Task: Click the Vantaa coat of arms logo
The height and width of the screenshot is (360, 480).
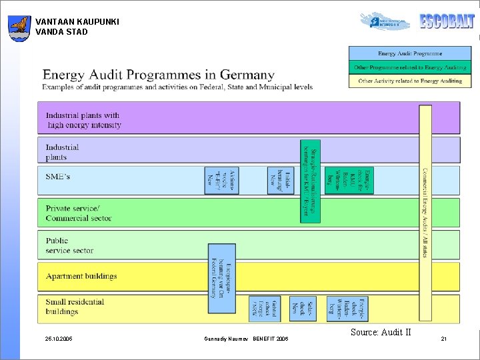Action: click(x=19, y=28)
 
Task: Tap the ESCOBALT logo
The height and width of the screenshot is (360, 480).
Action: click(x=447, y=21)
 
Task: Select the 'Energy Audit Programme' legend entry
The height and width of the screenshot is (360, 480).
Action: click(x=409, y=53)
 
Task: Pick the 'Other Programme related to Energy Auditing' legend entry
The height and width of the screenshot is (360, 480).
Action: click(x=409, y=67)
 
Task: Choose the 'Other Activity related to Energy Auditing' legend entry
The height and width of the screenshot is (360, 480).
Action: click(x=409, y=81)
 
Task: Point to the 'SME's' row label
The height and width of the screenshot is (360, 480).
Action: click(x=58, y=177)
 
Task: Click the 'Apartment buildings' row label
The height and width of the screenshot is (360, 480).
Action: click(x=81, y=276)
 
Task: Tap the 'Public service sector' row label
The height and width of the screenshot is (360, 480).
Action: click(x=69, y=245)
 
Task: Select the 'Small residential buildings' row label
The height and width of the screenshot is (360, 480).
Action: click(x=75, y=306)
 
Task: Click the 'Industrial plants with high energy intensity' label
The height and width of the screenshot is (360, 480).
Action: click(x=83, y=120)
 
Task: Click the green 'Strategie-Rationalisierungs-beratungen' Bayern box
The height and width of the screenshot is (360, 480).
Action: click(x=311, y=181)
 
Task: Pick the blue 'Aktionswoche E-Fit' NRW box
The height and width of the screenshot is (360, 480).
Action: click(x=221, y=180)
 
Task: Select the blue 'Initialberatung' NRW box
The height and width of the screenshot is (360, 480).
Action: click(x=281, y=180)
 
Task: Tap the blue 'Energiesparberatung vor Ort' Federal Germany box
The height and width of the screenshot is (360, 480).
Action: click(x=222, y=278)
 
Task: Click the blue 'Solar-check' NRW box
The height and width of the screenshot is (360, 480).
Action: click(x=307, y=309)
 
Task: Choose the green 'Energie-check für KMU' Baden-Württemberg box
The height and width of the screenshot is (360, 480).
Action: click(x=365, y=180)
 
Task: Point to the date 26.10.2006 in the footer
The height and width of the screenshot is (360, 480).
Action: click(x=59, y=339)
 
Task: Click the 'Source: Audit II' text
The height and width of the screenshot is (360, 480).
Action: click(x=380, y=332)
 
